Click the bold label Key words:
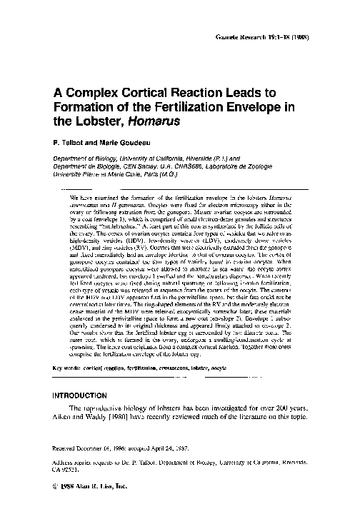[71, 368]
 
